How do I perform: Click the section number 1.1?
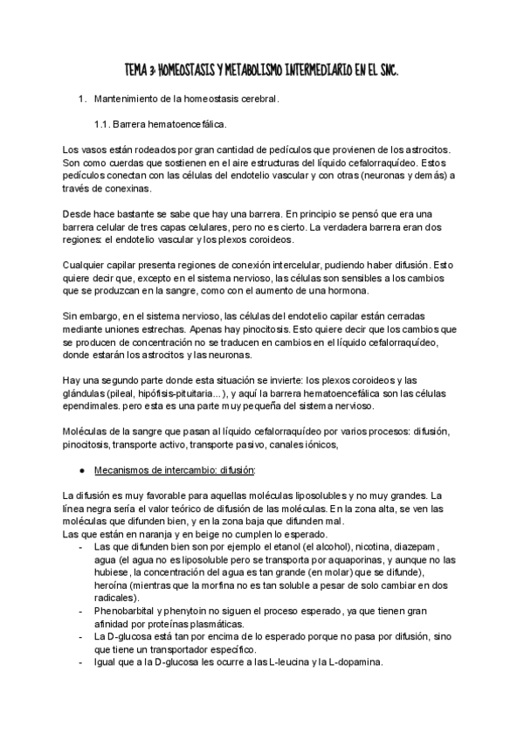tap(104, 124)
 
